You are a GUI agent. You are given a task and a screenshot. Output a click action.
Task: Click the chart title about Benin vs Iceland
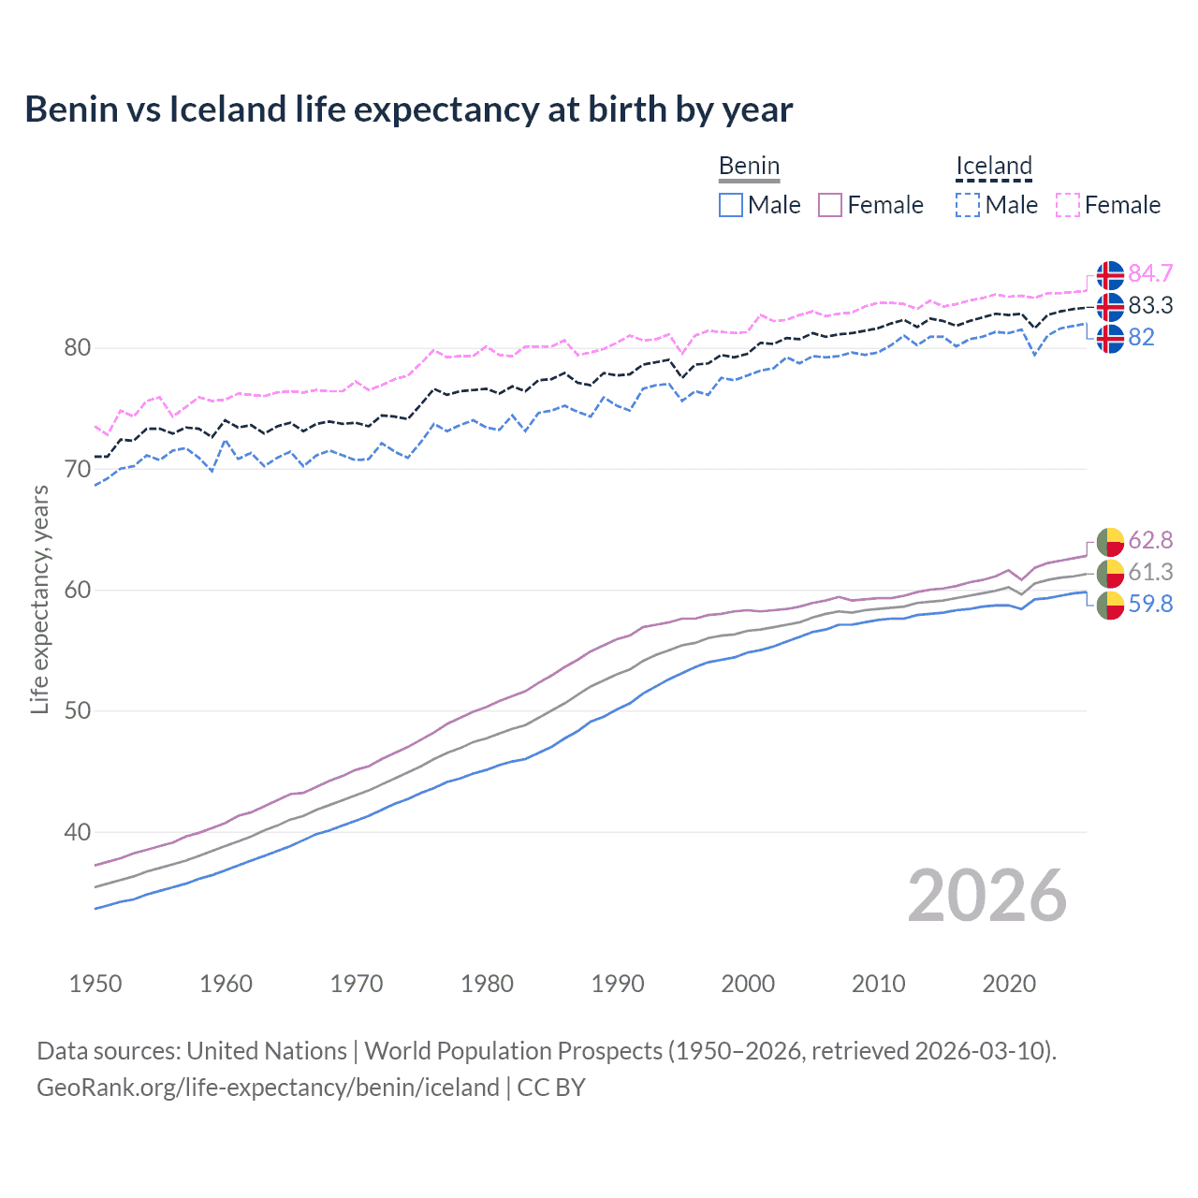coord(408,110)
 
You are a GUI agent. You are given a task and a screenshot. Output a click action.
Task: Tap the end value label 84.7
coord(1149,273)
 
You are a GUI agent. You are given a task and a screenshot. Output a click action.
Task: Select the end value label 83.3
coord(1149,305)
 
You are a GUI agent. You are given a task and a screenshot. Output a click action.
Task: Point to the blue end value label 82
coord(1141,337)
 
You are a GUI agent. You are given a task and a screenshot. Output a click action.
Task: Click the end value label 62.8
coord(1149,540)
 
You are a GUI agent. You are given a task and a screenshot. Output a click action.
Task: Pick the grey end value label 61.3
coord(1149,572)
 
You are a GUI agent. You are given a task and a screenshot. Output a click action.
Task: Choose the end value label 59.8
coord(1149,604)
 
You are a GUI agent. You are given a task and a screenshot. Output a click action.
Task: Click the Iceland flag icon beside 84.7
coord(1110,275)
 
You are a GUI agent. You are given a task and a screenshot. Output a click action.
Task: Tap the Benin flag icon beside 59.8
coord(1110,606)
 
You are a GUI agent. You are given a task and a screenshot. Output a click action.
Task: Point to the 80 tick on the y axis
coord(78,348)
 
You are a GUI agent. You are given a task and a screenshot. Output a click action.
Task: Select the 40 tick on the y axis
coord(78,832)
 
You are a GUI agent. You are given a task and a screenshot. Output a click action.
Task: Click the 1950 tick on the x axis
coord(95,984)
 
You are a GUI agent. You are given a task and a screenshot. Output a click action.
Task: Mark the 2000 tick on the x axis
coord(748,984)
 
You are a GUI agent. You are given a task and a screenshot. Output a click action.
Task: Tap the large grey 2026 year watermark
coord(987,896)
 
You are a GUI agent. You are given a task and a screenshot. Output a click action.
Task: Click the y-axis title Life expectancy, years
coord(39,600)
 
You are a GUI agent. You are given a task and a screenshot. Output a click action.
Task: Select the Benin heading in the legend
coord(749,167)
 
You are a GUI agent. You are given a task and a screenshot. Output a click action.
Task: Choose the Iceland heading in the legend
coord(993,167)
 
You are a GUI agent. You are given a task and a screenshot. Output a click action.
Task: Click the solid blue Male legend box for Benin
coord(731,205)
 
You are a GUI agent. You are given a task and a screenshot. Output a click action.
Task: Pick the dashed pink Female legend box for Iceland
coord(1068,205)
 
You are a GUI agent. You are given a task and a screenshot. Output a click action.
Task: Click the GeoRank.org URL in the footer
coord(268,1088)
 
